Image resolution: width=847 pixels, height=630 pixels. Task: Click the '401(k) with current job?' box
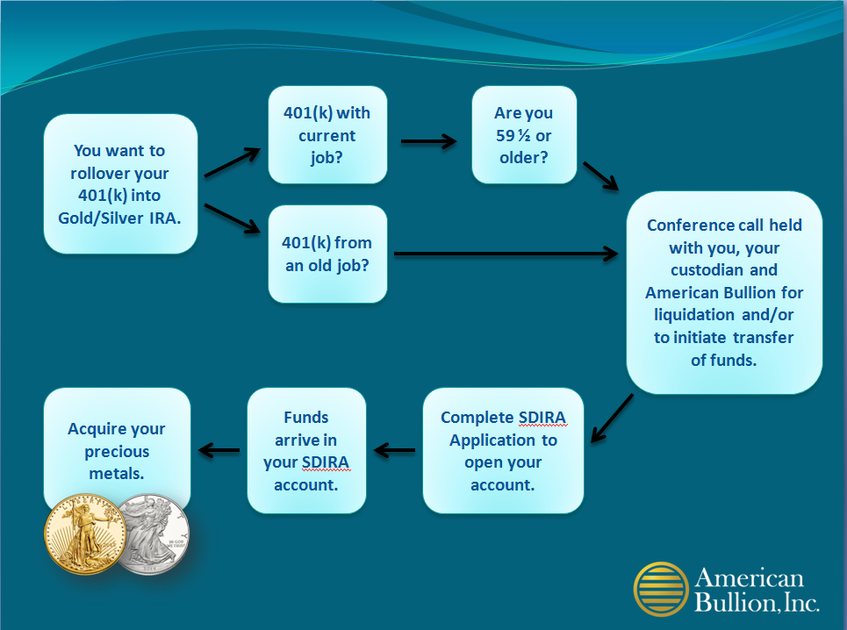coord(327,135)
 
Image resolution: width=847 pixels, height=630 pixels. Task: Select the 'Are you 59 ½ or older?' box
coord(524,135)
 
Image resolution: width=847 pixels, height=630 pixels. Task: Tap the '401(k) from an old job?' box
coord(327,254)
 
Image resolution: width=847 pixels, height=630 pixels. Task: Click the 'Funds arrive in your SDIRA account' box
coord(306,450)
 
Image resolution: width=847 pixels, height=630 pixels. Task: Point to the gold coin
coord(85,533)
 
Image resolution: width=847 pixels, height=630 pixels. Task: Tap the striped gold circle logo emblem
coord(661,589)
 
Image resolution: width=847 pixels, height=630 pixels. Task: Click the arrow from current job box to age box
coord(429,141)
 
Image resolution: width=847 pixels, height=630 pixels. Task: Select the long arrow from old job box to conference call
coord(506,254)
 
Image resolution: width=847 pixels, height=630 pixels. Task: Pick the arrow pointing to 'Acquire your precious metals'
coord(219,450)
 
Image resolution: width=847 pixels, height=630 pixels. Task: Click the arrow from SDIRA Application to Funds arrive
coord(394,450)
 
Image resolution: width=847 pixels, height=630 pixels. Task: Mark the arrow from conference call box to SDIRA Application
coord(612,419)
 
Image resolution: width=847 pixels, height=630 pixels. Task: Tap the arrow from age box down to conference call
coord(600,176)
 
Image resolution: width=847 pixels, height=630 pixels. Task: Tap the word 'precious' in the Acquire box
coord(117,452)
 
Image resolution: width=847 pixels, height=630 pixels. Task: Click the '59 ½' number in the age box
coord(513,135)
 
